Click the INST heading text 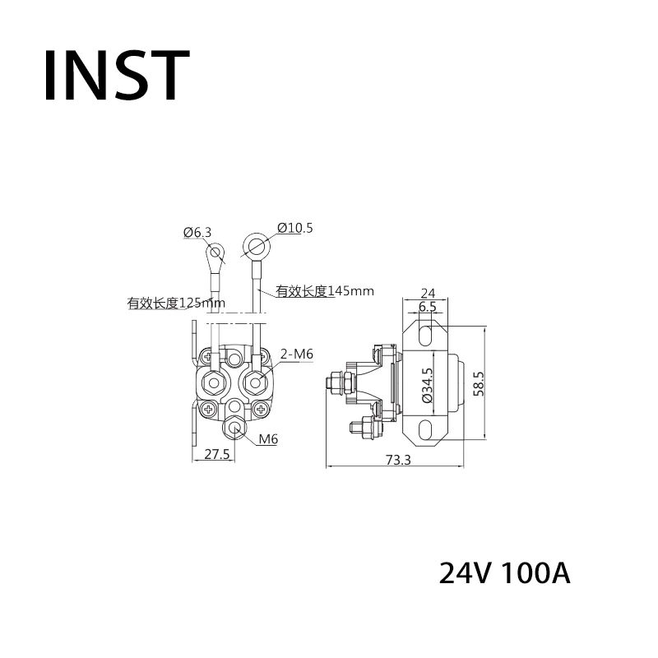tap(117, 75)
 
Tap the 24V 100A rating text tap(504, 573)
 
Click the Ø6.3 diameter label tap(197, 232)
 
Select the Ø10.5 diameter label tap(295, 228)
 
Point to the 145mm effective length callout tap(324, 291)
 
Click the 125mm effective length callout tap(176, 303)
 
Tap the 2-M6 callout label tap(297, 354)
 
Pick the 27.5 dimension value tap(216, 454)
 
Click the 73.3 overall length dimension tap(398, 460)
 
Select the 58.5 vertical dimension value tap(479, 383)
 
